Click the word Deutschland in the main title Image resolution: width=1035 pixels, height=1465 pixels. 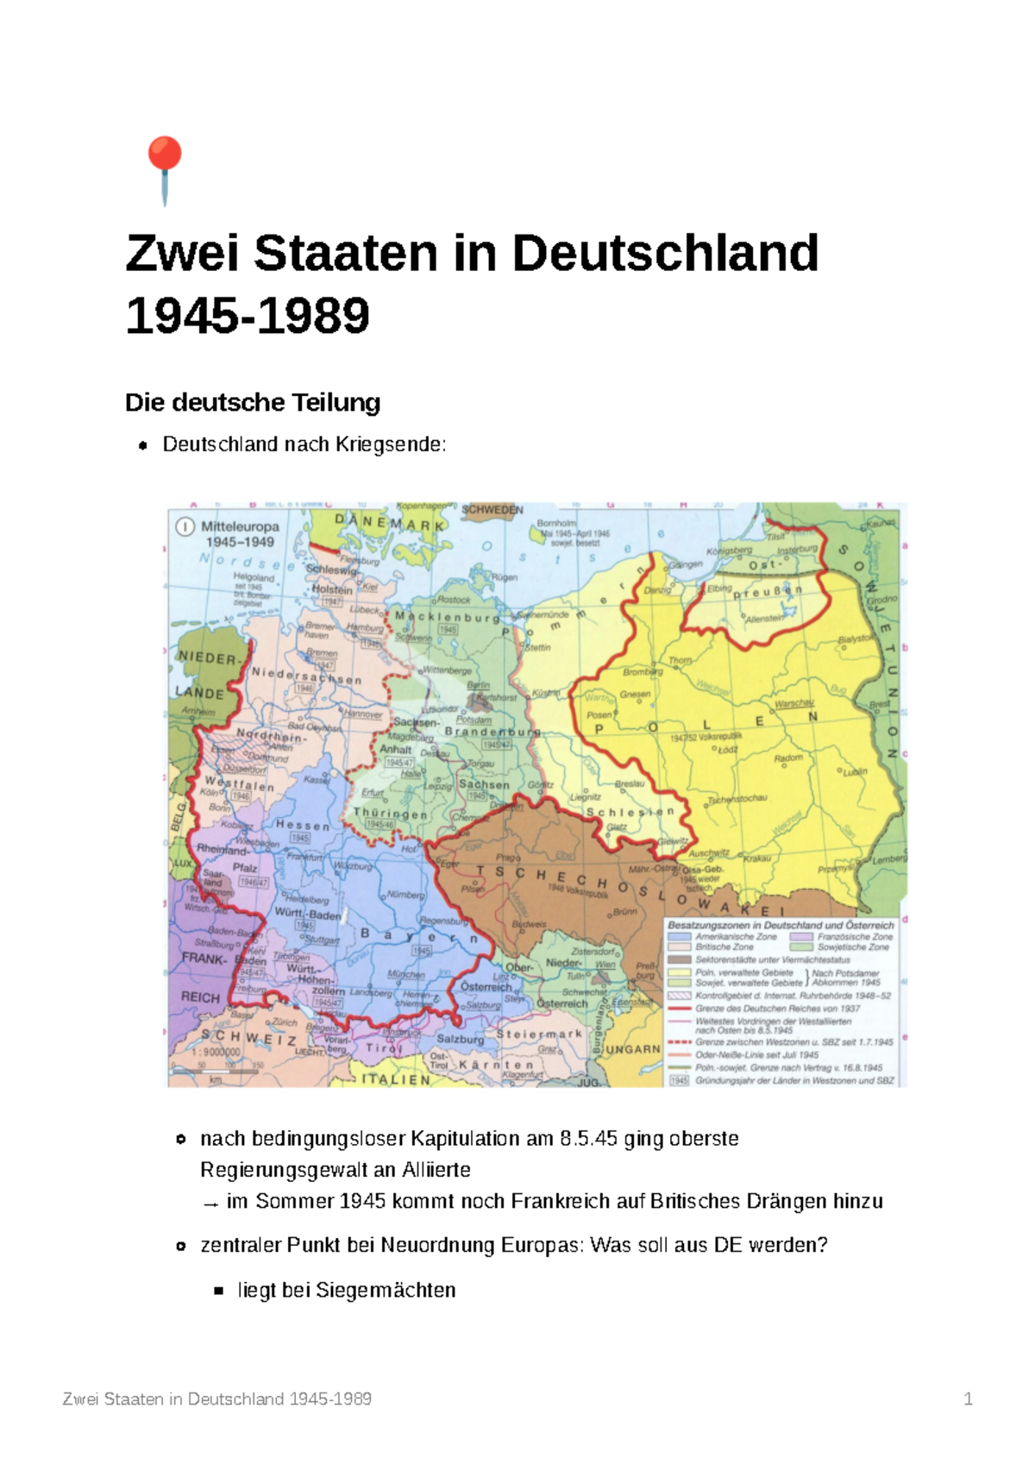coord(665,254)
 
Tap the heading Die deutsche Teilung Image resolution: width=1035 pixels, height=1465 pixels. coord(253,402)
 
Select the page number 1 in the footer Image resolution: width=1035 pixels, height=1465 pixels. coord(968,1399)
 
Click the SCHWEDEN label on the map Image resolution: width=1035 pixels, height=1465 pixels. coord(492,510)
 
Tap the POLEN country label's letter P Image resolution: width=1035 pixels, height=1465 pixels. coord(599,729)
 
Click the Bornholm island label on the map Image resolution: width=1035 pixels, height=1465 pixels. coord(556,523)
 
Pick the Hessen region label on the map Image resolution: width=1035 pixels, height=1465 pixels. coord(303,826)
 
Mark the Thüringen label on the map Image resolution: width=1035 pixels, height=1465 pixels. coord(391,814)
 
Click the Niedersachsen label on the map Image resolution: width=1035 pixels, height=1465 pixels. coord(306,676)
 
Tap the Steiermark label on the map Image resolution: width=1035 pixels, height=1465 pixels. coord(539,1034)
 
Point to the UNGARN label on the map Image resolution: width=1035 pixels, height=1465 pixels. coord(632,1049)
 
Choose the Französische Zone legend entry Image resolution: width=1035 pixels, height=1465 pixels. coord(855,936)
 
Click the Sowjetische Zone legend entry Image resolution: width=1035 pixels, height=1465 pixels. coord(853,946)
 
